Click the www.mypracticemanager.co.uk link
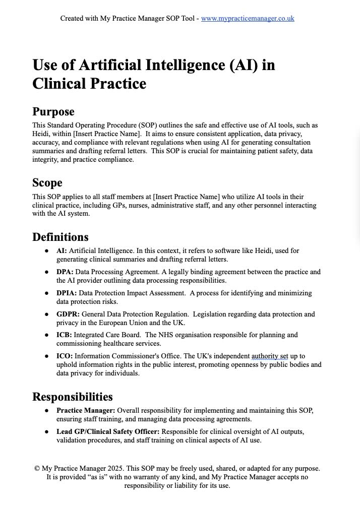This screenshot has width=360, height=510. (248, 19)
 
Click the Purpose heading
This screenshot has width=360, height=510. (53, 112)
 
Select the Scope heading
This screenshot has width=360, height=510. (47, 183)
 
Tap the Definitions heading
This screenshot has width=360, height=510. (61, 237)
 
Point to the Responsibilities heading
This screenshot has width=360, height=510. (73, 397)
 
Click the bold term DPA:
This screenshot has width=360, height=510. (65, 272)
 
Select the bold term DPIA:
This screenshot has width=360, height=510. (67, 293)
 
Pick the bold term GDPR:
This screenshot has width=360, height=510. (68, 314)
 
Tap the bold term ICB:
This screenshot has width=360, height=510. (64, 335)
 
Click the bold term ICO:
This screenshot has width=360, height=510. (65, 356)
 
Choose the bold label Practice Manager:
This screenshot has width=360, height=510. (86, 411)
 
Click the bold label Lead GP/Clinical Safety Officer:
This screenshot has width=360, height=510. (108, 432)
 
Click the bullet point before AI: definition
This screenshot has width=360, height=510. (47, 251)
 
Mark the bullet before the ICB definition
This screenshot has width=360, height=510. (47, 335)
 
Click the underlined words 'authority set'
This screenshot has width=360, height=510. (270, 356)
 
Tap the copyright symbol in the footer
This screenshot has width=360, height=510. (37, 469)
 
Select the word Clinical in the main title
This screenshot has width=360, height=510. (59, 84)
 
